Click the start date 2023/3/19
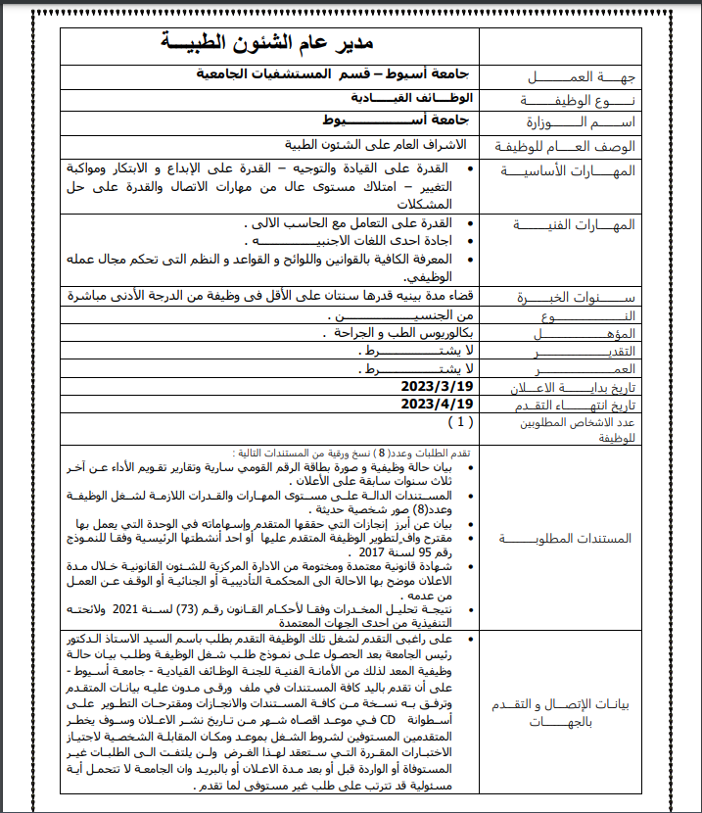[x=437, y=387]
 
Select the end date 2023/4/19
[x=437, y=404]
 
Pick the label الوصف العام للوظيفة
[x=570, y=146]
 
